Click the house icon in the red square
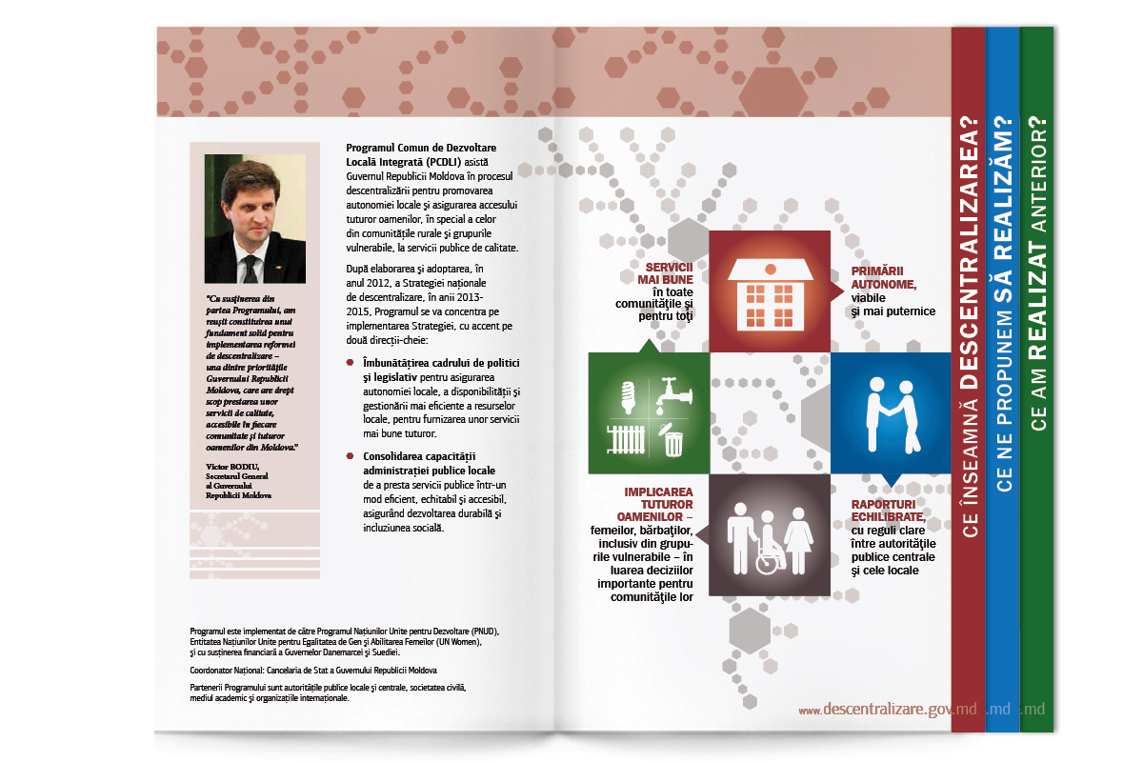pos(770,291)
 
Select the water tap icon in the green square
pos(672,390)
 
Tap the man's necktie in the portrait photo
pos(250,268)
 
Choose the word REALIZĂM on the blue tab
pos(1003,194)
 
